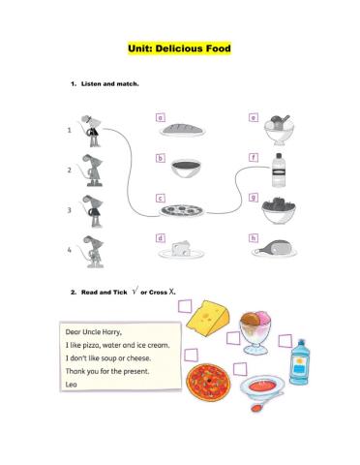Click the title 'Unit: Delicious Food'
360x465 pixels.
179,48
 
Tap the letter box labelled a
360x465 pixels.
161,117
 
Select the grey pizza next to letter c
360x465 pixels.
182,210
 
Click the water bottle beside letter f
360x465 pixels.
279,170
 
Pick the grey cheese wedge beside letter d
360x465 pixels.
181,249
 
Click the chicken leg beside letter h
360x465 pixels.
274,248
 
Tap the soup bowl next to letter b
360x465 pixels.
186,168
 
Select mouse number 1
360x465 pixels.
92,131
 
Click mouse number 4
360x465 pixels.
93,252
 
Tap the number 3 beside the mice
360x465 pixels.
69,210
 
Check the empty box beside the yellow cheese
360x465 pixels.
185,306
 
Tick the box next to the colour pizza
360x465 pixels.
191,355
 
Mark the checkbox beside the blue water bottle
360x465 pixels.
285,341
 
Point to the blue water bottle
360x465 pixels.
299,362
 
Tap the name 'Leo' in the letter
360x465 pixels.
72,385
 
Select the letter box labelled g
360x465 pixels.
254,198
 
